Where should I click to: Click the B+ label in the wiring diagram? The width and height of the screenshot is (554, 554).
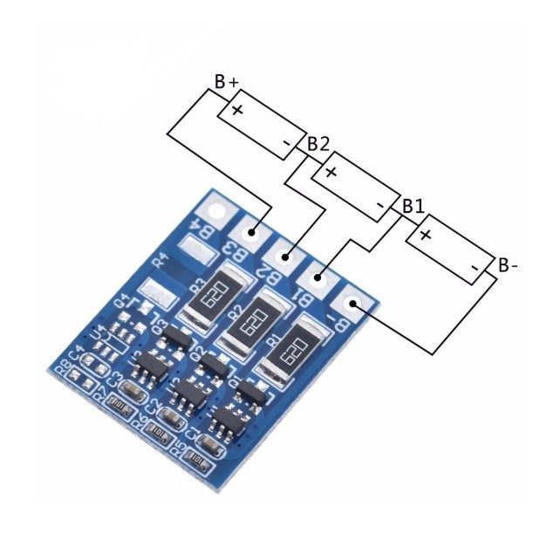coord(227,81)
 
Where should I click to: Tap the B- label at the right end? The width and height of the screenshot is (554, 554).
coord(508,264)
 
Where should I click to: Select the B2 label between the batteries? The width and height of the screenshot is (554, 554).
coord(318,144)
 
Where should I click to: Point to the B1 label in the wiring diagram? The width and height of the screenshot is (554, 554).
coord(413,207)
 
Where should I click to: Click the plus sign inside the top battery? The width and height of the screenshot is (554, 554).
coord(237,110)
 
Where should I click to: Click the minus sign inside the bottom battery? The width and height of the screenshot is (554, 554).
coord(472,266)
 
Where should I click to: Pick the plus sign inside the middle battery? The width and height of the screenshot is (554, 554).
coord(331,171)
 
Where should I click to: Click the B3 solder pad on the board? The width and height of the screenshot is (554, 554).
coord(252,232)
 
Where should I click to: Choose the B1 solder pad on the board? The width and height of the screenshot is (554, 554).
coord(319,278)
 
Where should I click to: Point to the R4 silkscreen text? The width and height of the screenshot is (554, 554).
coord(161,258)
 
